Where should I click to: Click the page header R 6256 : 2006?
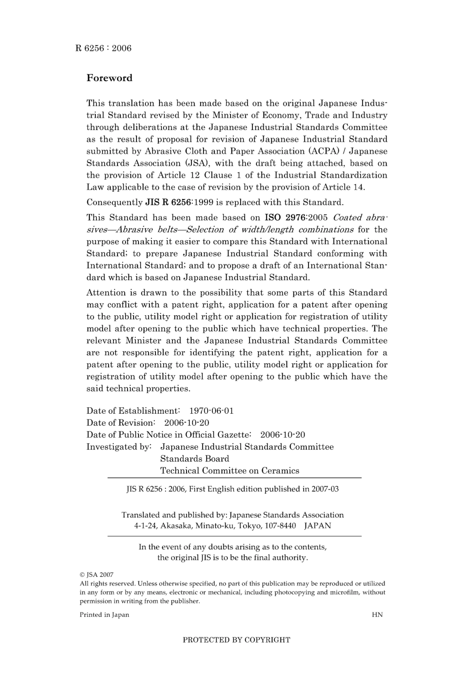(x=103, y=48)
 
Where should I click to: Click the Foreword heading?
(x=109, y=78)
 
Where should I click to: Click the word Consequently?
(x=114, y=203)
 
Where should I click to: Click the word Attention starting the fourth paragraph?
(x=106, y=293)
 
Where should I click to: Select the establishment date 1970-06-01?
(x=211, y=411)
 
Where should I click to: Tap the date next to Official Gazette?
(x=282, y=435)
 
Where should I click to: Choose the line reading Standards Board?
(x=194, y=459)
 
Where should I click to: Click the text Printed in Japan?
(x=104, y=615)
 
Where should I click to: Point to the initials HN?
(x=377, y=615)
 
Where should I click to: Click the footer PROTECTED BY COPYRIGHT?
(x=236, y=640)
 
